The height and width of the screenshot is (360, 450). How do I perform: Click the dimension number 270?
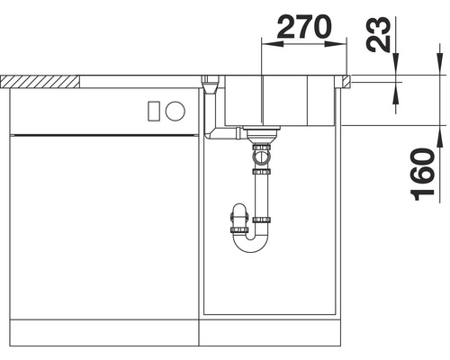304,27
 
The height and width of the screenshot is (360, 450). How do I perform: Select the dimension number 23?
379,33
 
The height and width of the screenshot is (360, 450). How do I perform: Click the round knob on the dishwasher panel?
175,111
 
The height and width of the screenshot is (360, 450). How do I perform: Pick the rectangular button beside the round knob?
154,112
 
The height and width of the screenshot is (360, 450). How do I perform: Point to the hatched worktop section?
40,82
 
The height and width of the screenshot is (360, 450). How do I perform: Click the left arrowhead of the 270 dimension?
273,44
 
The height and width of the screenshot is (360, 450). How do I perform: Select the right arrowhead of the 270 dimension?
336,44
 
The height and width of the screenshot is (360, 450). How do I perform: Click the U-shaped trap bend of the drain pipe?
250,245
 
